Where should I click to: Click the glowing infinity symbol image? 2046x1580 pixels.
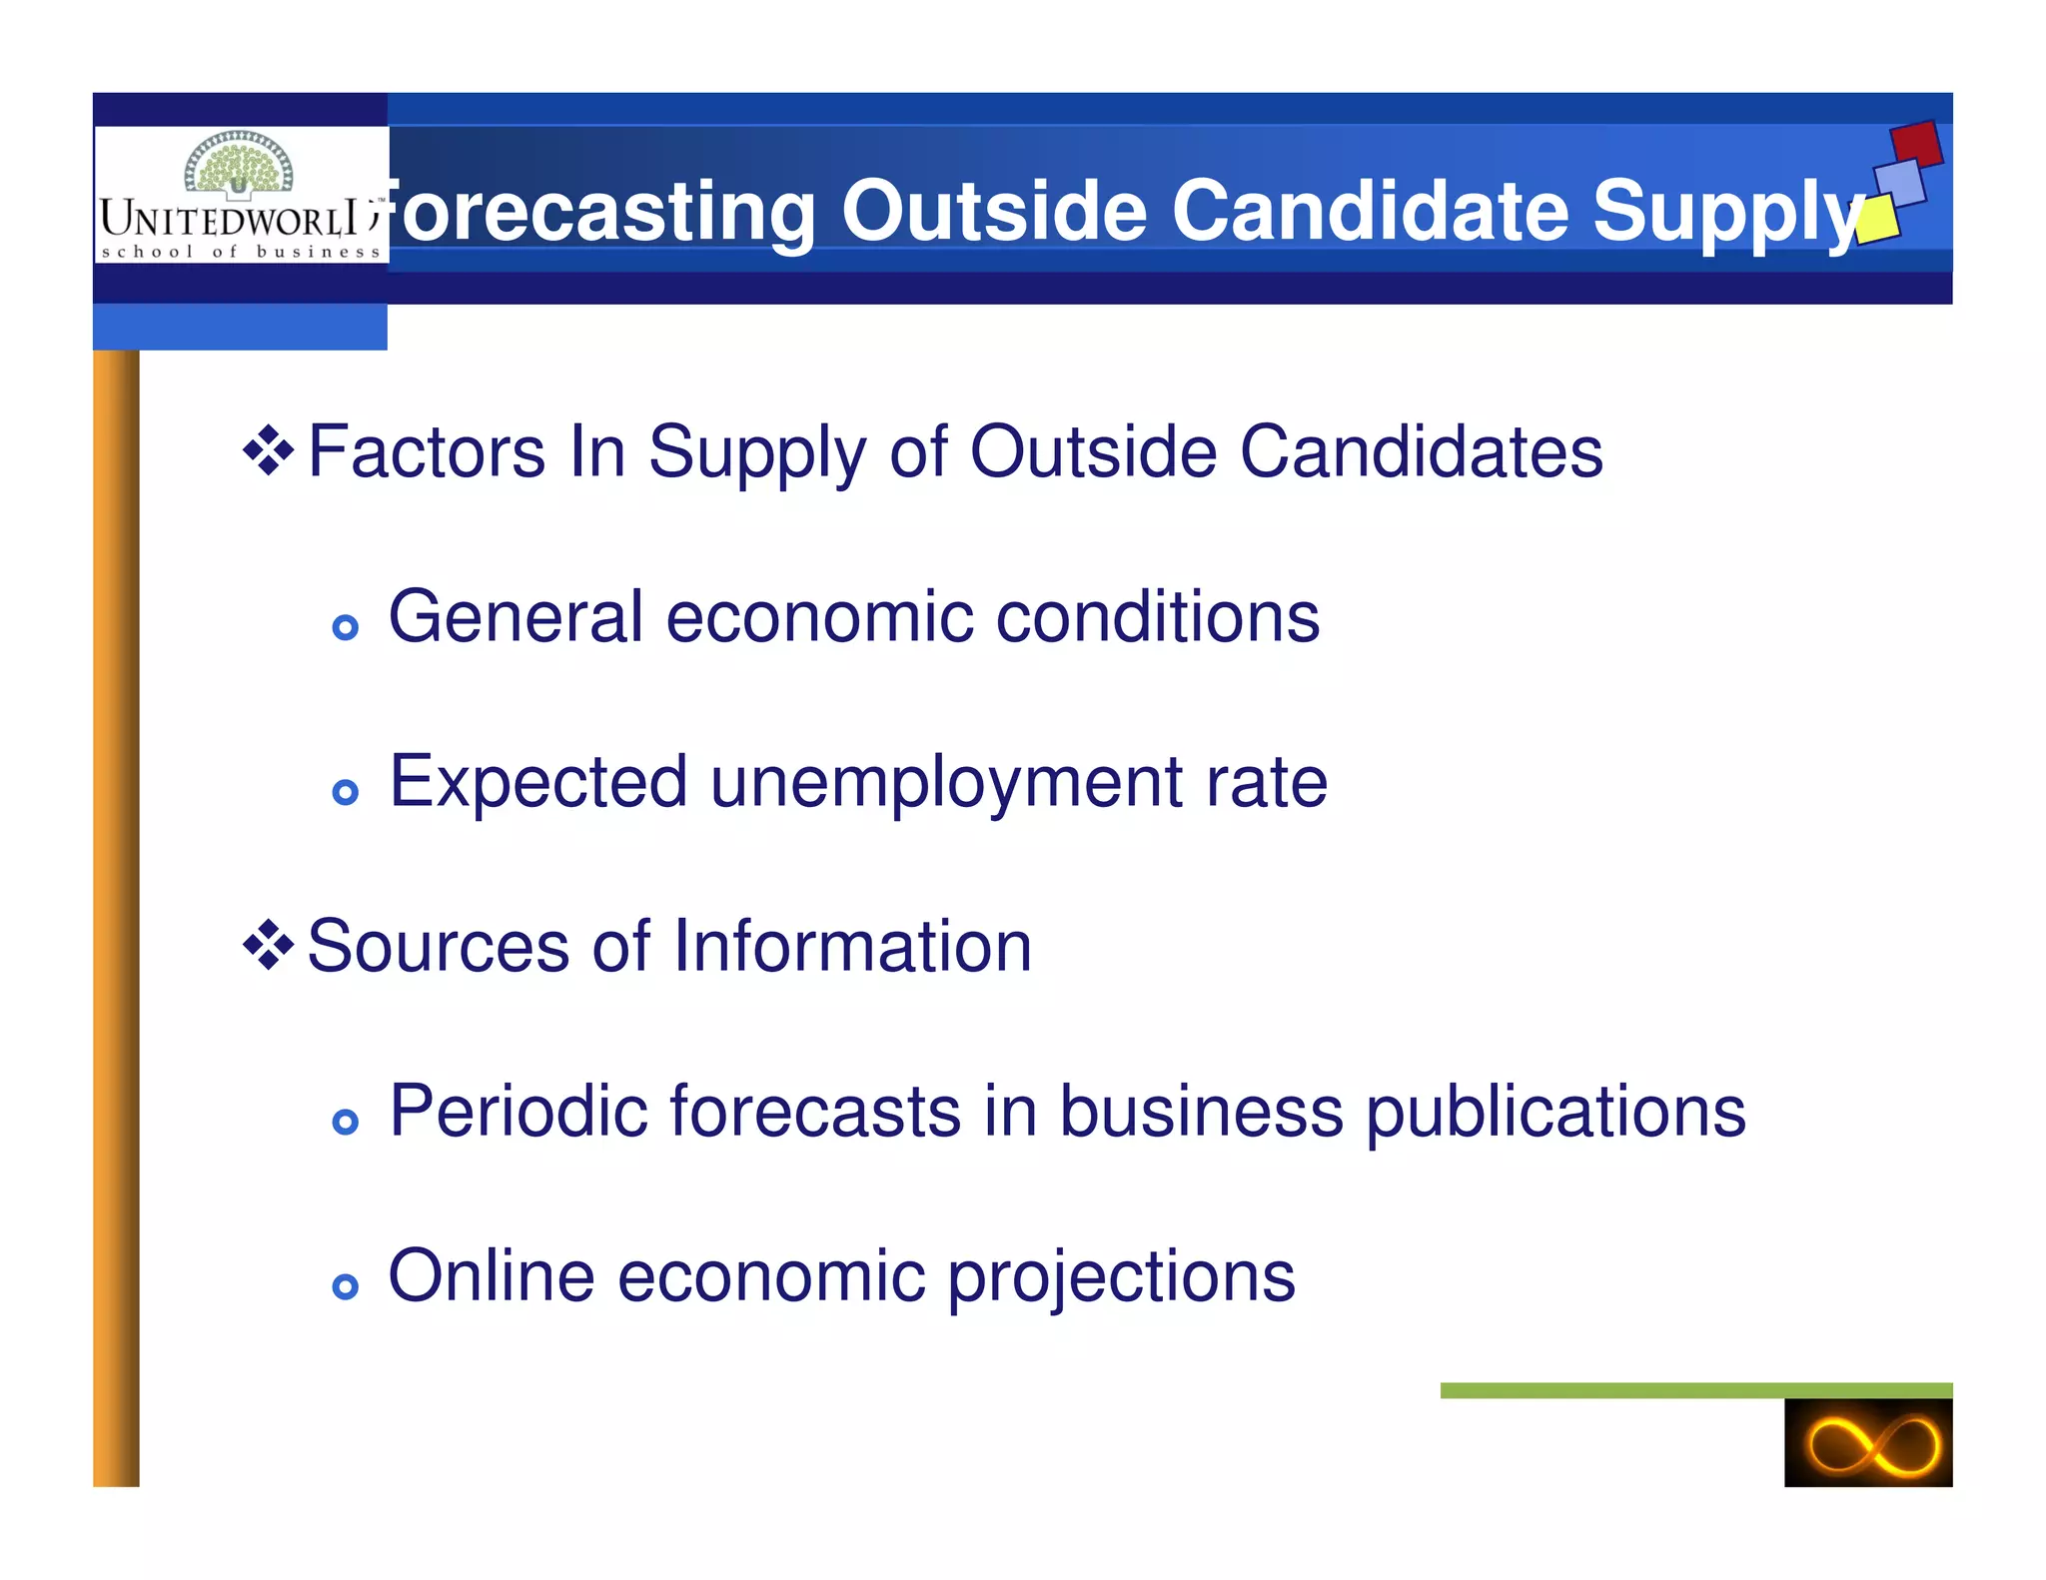[x=1867, y=1443]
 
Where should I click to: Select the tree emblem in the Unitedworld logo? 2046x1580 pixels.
[x=239, y=165]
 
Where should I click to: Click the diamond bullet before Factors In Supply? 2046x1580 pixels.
[x=268, y=450]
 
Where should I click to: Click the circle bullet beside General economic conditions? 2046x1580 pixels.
[x=345, y=627]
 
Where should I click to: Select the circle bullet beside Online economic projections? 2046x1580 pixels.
[x=345, y=1286]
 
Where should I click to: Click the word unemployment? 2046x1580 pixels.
[x=946, y=782]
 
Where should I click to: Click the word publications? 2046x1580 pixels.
[x=1554, y=1113]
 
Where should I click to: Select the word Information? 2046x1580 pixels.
[x=851, y=946]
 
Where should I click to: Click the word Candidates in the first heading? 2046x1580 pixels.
[x=1421, y=451]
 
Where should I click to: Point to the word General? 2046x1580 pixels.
[x=514, y=616]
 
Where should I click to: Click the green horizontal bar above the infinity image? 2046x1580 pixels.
[x=1695, y=1390]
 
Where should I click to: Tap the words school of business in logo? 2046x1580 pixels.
[x=241, y=252]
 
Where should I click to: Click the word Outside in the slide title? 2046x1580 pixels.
[x=993, y=211]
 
